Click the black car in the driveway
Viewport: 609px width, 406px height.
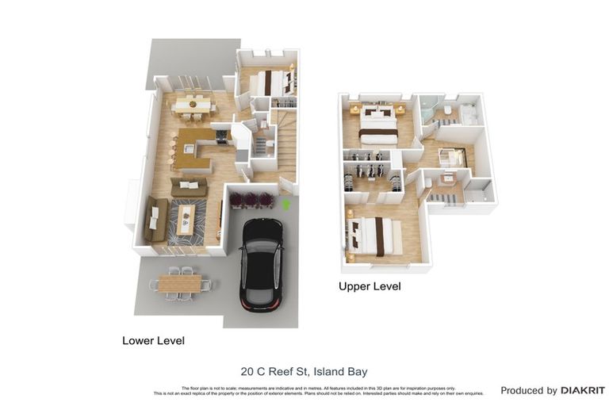click(261, 265)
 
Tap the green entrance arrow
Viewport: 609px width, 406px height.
click(286, 204)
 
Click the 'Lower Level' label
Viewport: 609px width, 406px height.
click(153, 341)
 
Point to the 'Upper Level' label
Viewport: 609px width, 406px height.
click(370, 286)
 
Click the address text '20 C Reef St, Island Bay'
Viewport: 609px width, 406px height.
click(304, 371)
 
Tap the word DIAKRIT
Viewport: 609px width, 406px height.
click(583, 390)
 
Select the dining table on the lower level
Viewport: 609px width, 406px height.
click(193, 104)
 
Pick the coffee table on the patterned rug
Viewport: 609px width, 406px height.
click(186, 219)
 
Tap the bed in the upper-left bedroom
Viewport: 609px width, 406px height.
click(378, 125)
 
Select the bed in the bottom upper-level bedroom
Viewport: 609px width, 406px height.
click(377, 236)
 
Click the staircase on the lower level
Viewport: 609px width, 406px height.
click(286, 143)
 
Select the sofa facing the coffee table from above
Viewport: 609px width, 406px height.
click(190, 187)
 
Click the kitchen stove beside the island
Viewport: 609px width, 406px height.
click(222, 136)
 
